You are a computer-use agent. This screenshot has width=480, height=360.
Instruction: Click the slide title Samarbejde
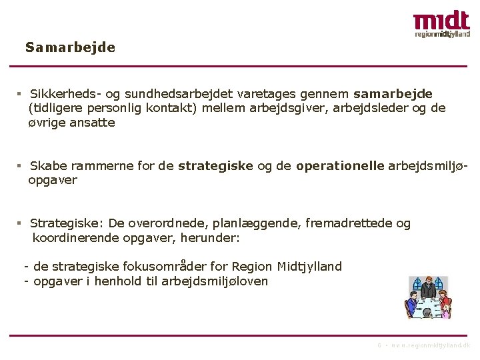tap(70, 48)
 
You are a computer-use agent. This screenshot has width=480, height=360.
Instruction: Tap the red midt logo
tap(441, 21)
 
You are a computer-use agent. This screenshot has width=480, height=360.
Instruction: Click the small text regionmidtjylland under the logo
tap(442, 33)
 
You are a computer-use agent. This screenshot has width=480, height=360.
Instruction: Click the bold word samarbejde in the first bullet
tap(393, 93)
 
